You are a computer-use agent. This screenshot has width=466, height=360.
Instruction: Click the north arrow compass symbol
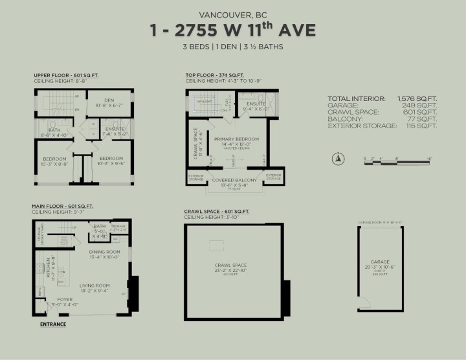tap(337, 159)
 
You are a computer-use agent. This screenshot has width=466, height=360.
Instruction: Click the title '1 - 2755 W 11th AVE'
tap(232, 30)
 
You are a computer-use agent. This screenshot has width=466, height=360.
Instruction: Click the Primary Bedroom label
tap(236, 139)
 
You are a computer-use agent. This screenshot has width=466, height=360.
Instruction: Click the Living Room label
tap(94, 285)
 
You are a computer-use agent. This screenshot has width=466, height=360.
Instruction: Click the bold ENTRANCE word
tap(53, 323)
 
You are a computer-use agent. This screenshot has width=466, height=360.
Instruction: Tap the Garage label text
tap(380, 262)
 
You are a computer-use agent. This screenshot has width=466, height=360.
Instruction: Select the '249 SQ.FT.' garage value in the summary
tap(421, 106)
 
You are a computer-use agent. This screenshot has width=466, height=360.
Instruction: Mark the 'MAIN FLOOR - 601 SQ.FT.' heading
tap(63, 206)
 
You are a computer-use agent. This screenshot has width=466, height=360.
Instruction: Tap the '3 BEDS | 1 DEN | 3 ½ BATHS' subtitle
tap(232, 47)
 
